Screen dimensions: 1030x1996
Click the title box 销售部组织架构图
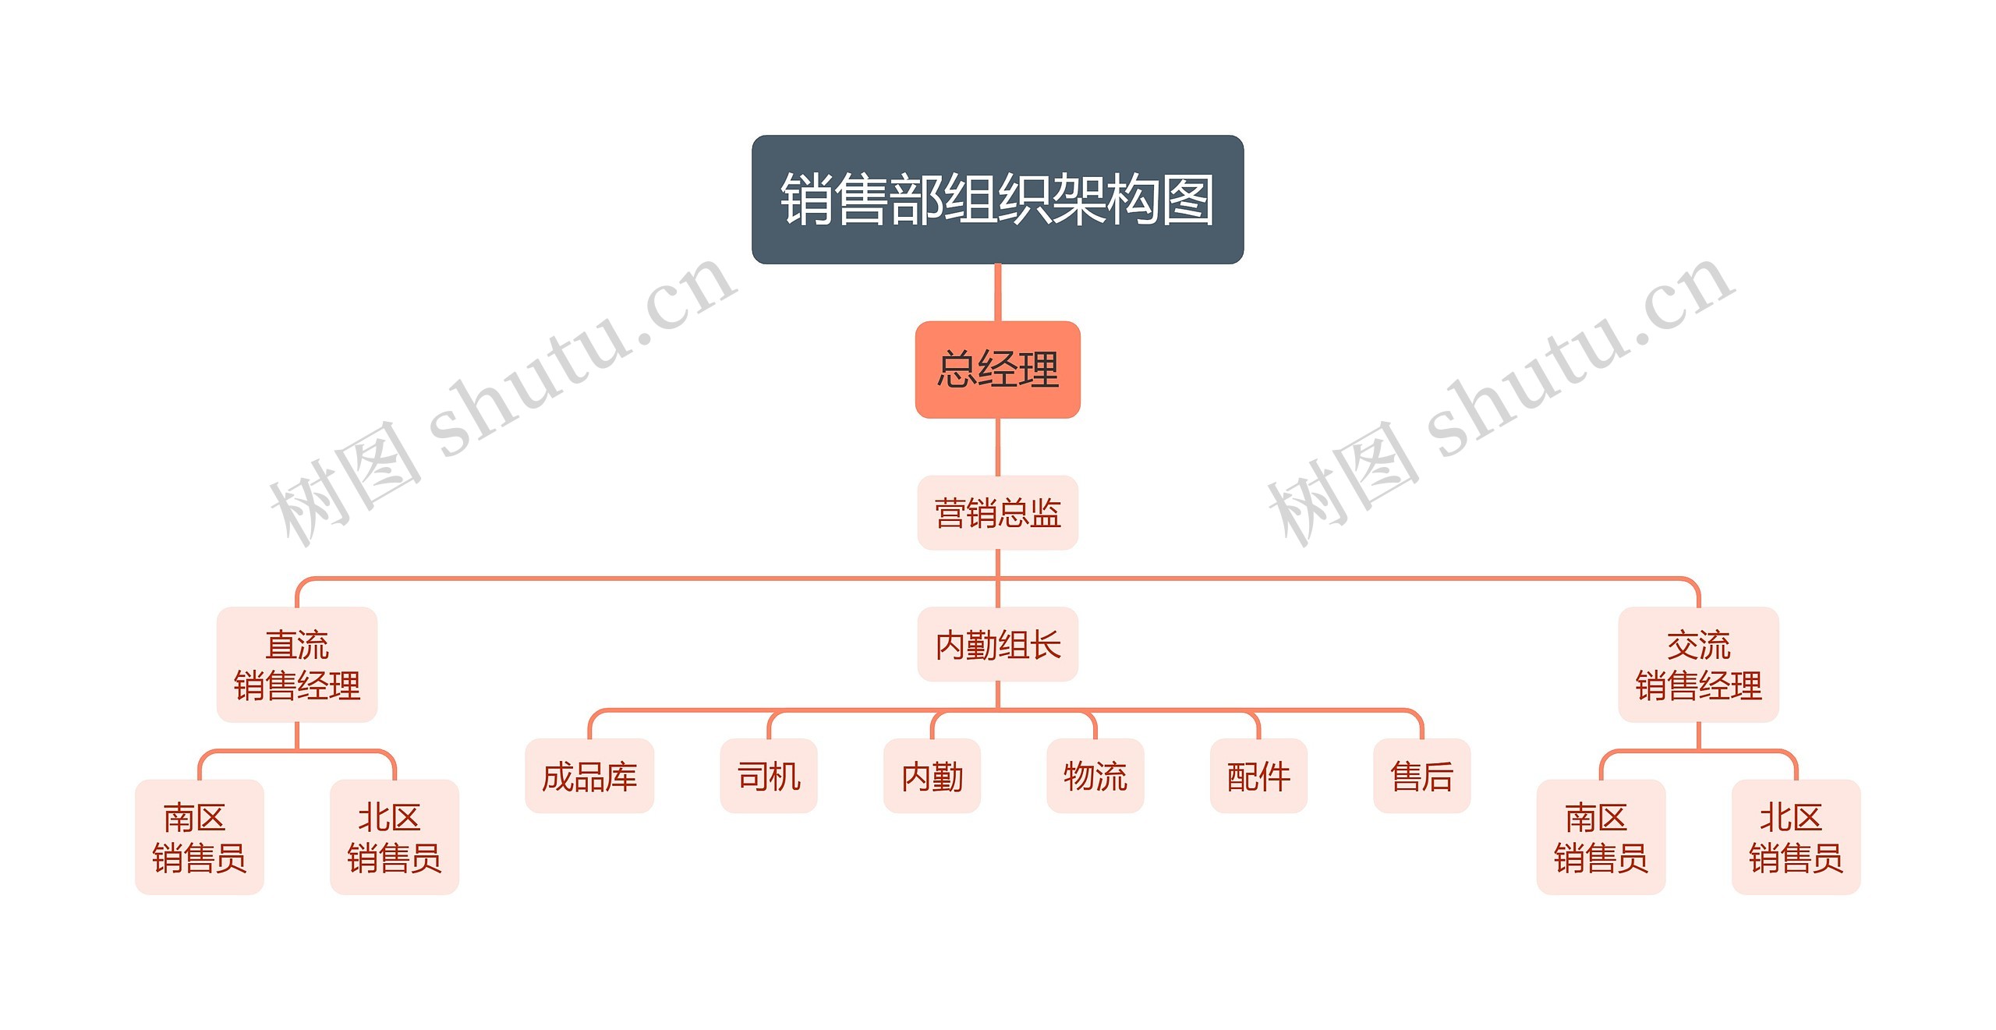pos(997,200)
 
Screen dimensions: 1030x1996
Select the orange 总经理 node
pos(997,370)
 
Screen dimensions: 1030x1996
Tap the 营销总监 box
pos(997,513)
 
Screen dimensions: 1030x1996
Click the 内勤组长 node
pos(997,645)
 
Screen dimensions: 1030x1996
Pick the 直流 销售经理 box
pos(297,665)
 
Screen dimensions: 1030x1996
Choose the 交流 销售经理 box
pos(1698,665)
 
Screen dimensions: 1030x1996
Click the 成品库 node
pos(589,777)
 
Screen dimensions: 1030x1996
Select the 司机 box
pos(769,777)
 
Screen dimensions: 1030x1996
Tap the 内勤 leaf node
pos(932,777)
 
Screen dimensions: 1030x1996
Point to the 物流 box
pos(1095,777)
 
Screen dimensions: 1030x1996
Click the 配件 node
pos(1258,777)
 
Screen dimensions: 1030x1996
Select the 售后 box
pos(1421,777)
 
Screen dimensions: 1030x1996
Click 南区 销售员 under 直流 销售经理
pos(200,837)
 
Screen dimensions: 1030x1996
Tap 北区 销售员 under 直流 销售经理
pos(395,837)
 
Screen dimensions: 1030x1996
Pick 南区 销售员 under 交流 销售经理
pos(1601,837)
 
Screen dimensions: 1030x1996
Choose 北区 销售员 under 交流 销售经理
pos(1796,837)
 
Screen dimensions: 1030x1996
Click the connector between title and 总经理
pos(997,292)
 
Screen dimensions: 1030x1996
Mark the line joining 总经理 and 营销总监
pos(997,447)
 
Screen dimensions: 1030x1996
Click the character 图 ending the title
pos(1187,200)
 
